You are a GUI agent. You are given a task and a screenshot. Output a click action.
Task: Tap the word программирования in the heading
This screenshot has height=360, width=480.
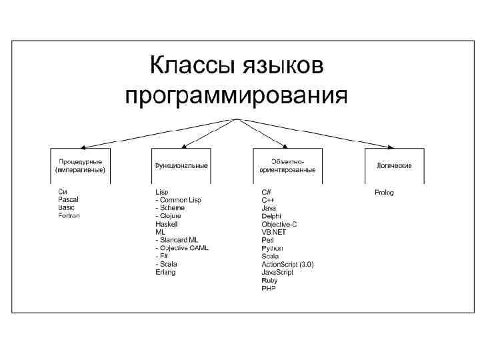237,96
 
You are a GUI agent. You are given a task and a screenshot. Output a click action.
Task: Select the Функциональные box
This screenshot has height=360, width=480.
181,165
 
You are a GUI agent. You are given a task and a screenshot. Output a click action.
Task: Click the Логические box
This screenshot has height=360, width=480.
394,165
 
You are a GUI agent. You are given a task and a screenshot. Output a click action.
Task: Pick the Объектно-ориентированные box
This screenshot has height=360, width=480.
287,165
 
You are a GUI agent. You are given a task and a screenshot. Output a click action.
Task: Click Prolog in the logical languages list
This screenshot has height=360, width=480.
384,192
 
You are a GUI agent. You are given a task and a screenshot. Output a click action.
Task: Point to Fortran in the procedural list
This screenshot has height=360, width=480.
69,216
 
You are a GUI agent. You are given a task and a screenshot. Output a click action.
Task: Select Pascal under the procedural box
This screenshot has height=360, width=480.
68,200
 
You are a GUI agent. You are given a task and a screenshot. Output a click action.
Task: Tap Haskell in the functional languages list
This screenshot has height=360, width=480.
166,224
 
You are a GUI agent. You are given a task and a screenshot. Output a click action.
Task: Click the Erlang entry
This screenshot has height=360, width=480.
165,272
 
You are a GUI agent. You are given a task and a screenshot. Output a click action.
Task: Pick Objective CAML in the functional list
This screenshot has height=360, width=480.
181,248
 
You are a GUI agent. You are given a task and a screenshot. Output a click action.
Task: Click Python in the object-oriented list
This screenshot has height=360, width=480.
272,248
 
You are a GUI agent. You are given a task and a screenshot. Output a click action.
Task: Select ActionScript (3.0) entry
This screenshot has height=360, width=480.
287,264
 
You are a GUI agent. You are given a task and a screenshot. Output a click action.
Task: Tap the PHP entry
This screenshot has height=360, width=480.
268,288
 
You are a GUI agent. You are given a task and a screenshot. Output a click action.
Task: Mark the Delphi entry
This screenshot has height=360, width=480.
271,216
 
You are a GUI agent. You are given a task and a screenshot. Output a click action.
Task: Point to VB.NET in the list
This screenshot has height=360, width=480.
273,232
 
